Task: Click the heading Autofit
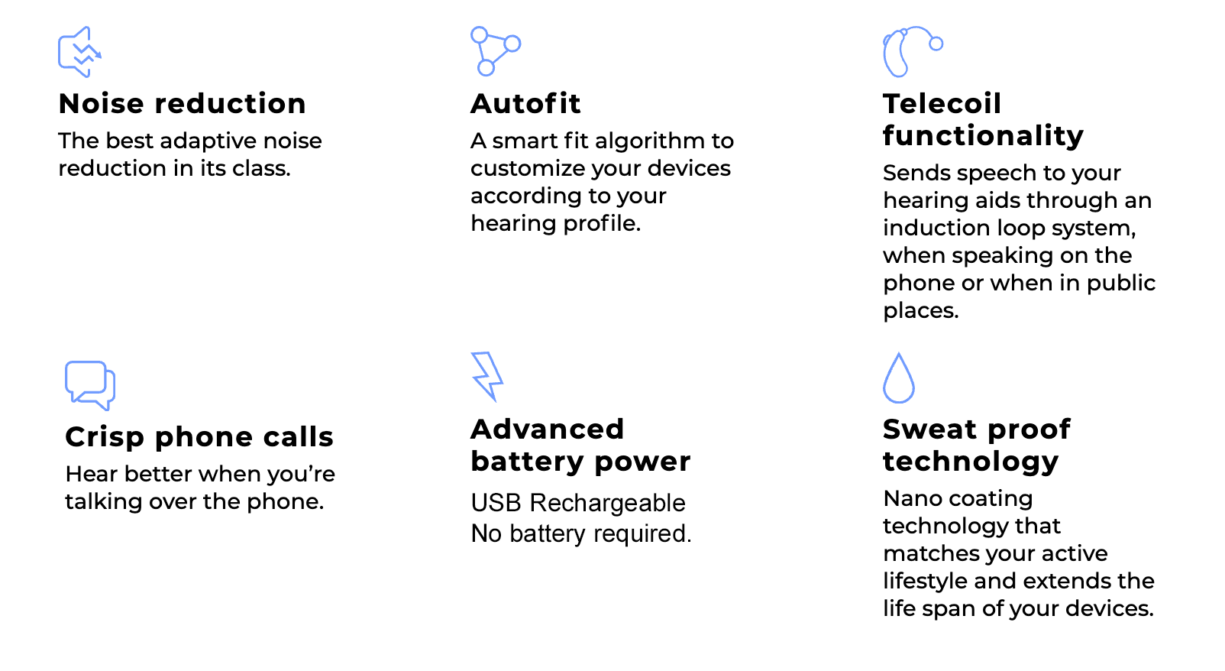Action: click(x=525, y=104)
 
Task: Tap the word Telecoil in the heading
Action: click(x=942, y=104)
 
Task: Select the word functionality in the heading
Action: click(x=983, y=136)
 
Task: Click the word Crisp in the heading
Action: click(x=105, y=437)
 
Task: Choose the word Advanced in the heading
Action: click(x=547, y=429)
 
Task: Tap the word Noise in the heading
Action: click(x=102, y=104)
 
